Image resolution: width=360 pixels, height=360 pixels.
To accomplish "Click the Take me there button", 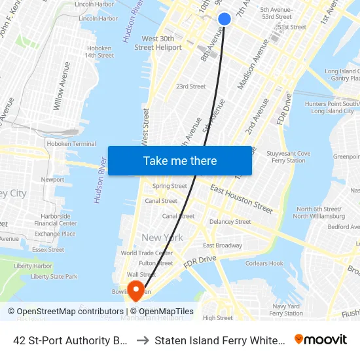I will [180, 161].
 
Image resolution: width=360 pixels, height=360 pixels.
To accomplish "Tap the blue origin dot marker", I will [224, 19].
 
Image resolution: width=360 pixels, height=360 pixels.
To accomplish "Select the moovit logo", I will [321, 339].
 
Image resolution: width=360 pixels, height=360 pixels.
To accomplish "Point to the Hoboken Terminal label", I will [75, 144].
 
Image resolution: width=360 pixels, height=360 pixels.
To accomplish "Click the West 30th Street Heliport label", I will [158, 43].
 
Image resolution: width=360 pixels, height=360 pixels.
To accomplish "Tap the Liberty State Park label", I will [54, 277].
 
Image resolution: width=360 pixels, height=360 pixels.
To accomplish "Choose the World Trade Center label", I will [147, 253].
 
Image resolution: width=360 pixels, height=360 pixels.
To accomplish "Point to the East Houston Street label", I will [242, 198].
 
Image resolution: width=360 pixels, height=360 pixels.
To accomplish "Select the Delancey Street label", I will [230, 222].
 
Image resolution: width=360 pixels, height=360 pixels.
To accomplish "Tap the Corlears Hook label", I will [264, 264].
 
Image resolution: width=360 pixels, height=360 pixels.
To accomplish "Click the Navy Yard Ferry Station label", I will [286, 310].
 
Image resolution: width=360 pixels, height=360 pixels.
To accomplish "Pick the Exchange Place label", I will [55, 234].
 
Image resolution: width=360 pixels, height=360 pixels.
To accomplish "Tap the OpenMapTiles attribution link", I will [166, 312].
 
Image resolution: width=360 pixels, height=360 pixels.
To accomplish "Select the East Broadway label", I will [223, 245].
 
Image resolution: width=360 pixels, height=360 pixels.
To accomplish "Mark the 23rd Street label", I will [190, 86].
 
